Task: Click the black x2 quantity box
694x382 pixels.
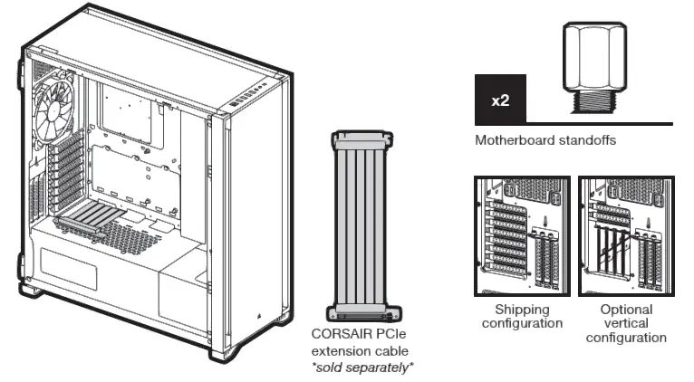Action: click(x=500, y=100)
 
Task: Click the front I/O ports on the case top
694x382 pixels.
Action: click(x=246, y=95)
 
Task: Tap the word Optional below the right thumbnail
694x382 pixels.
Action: click(x=625, y=310)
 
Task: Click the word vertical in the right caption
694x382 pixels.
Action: click(x=626, y=323)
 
